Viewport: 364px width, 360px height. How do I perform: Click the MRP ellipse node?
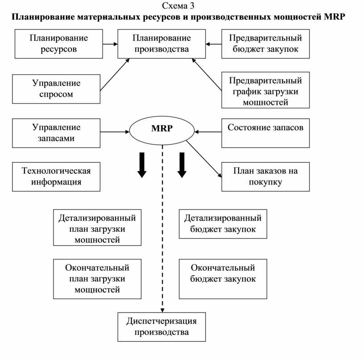tap(162, 130)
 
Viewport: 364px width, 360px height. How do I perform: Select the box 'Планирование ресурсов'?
tap(59, 44)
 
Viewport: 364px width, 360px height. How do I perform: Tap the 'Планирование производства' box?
tap(161, 44)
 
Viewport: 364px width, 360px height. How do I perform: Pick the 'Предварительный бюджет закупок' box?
tap(265, 44)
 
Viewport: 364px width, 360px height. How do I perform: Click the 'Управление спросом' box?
tap(56, 89)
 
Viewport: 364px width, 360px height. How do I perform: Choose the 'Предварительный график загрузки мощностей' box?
tap(265, 90)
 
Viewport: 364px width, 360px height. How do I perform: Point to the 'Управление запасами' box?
tap(56, 133)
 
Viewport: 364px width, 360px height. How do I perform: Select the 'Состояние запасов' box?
tap(265, 133)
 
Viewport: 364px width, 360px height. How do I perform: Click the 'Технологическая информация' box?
tap(56, 177)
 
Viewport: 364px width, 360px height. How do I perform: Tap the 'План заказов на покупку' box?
tap(265, 177)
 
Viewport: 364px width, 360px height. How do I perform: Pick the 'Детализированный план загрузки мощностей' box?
tap(97, 227)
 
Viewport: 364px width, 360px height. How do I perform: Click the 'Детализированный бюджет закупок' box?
tap(223, 224)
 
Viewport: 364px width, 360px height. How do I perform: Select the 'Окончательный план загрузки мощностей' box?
tap(97, 279)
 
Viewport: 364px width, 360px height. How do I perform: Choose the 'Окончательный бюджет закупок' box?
tap(223, 279)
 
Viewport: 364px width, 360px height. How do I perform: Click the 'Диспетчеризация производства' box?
tap(161, 327)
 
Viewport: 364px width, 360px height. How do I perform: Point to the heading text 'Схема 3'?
tap(178, 6)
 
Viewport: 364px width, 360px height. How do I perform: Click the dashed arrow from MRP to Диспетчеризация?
tap(162, 229)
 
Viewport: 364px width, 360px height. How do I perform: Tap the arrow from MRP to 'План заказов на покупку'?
tap(204, 159)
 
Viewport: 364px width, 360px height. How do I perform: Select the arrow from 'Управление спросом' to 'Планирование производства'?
tap(115, 75)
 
